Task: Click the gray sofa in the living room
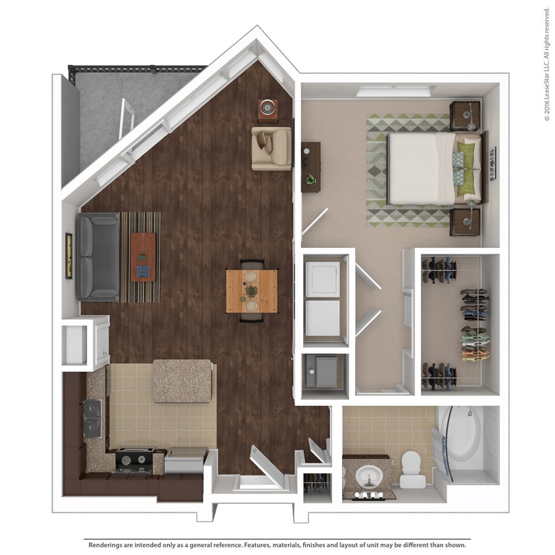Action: click(98, 256)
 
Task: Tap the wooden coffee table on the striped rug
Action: click(143, 256)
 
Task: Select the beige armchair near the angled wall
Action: click(272, 149)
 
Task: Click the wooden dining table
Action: click(251, 291)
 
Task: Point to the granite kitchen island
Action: click(182, 381)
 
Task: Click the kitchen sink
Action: click(93, 418)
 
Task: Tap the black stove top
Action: click(135, 458)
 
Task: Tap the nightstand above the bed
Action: click(466, 116)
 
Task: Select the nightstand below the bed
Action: click(466, 221)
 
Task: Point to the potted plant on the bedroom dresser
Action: click(310, 178)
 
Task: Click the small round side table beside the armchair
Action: click(268, 109)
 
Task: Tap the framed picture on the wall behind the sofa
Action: click(68, 256)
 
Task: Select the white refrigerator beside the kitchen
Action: click(85, 341)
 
